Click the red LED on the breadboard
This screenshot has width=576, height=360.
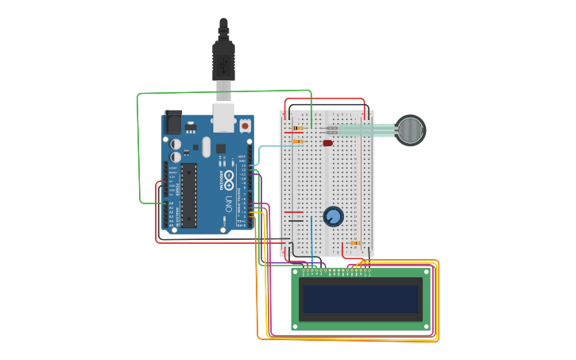point(327,143)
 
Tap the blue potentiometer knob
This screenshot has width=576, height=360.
point(333,216)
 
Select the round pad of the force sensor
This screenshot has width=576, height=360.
point(410,130)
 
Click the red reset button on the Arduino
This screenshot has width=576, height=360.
point(245,126)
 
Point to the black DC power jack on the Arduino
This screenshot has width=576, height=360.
point(172,122)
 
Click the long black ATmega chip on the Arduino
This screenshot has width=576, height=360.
point(188,195)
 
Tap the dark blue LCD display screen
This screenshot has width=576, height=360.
point(360,299)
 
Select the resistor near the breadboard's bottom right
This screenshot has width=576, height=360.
point(355,243)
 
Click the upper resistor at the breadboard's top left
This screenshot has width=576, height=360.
point(297,128)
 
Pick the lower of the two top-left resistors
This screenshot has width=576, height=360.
point(297,141)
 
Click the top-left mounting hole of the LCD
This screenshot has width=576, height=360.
point(296,273)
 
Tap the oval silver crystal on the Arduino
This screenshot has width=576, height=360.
point(207,147)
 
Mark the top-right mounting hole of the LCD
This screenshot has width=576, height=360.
point(427,273)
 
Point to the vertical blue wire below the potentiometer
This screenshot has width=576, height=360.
point(311,242)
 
